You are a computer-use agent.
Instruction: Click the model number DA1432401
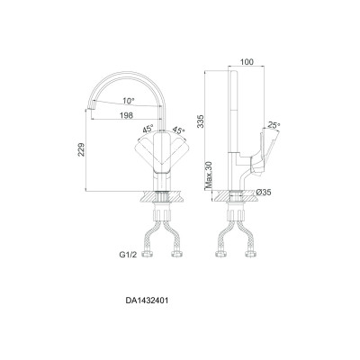(x=148, y=301)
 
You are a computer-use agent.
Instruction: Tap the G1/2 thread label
(x=129, y=255)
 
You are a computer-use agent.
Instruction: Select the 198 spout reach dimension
(x=126, y=115)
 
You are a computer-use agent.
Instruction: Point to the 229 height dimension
(x=81, y=149)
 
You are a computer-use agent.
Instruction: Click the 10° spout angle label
(x=129, y=101)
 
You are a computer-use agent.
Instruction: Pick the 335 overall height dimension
(x=200, y=121)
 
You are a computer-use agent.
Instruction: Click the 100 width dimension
(x=247, y=62)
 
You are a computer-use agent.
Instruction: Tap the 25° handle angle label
(x=274, y=125)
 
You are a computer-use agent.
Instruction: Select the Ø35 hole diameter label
(x=264, y=193)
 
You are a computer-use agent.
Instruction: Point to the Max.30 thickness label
(x=209, y=175)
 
